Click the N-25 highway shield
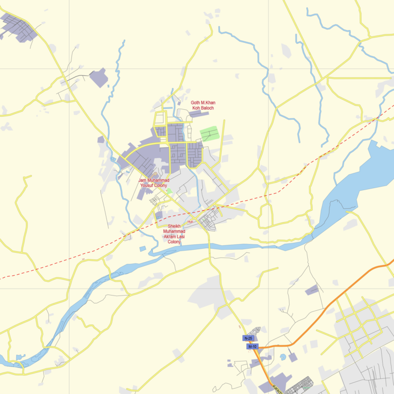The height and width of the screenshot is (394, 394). tap(248, 338)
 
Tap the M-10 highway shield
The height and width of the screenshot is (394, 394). tap(252, 347)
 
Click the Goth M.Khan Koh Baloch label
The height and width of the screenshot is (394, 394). tap(203, 105)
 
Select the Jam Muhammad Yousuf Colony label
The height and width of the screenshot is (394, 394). tap(154, 183)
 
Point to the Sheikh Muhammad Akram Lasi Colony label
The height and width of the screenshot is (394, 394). tap(174, 234)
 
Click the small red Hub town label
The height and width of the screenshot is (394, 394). tap(190, 222)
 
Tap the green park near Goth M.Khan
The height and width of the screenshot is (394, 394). tap(209, 133)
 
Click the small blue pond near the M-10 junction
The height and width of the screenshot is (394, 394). tap(283, 356)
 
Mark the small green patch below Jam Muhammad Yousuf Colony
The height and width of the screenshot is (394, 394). tap(169, 191)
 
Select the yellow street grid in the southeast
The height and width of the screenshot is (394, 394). tap(360, 320)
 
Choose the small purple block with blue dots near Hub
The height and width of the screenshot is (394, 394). tap(159, 215)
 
